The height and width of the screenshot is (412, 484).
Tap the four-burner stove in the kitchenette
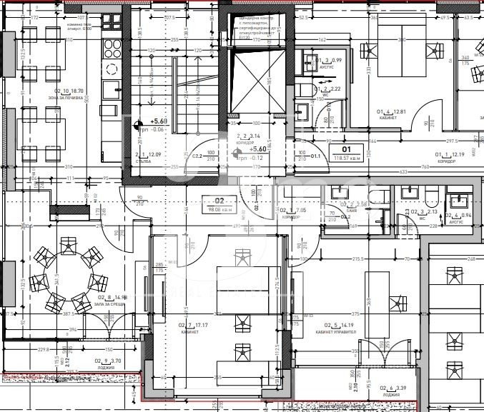click(113, 48)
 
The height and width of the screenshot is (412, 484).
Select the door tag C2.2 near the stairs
click(196, 155)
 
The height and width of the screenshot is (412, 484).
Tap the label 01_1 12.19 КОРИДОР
click(451, 157)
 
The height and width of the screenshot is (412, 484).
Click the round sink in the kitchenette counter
click(112, 69)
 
